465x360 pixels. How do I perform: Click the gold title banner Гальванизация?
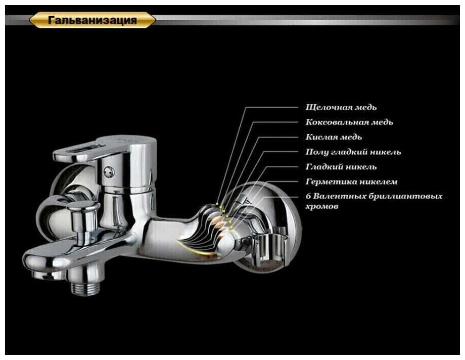(x=92, y=20)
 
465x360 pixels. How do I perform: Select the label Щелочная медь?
(x=341, y=107)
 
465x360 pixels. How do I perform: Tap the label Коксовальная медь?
(x=349, y=122)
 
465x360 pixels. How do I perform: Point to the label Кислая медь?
(x=334, y=137)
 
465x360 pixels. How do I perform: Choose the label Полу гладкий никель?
(x=353, y=152)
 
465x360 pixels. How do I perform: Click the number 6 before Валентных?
(x=308, y=196)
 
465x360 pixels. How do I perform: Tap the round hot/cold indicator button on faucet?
(x=108, y=171)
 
